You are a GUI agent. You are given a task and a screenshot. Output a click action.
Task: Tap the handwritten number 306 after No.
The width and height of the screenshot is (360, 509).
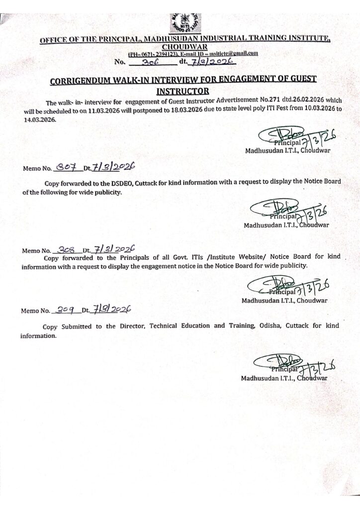150,62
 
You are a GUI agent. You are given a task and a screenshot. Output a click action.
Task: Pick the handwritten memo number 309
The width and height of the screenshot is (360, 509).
65,310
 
